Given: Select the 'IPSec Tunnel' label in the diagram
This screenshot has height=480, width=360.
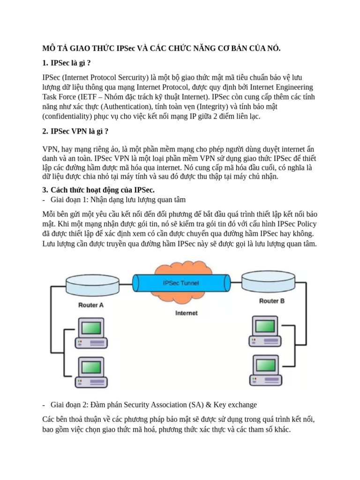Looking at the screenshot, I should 180,283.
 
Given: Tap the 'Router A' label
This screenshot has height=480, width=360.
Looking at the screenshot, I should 91,305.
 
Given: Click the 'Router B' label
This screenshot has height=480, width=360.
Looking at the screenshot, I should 271,301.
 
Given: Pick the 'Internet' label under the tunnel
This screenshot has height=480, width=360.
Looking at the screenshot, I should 186,313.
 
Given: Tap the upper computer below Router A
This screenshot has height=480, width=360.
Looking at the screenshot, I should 90,332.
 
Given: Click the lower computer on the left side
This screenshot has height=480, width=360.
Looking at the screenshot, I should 90,372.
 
